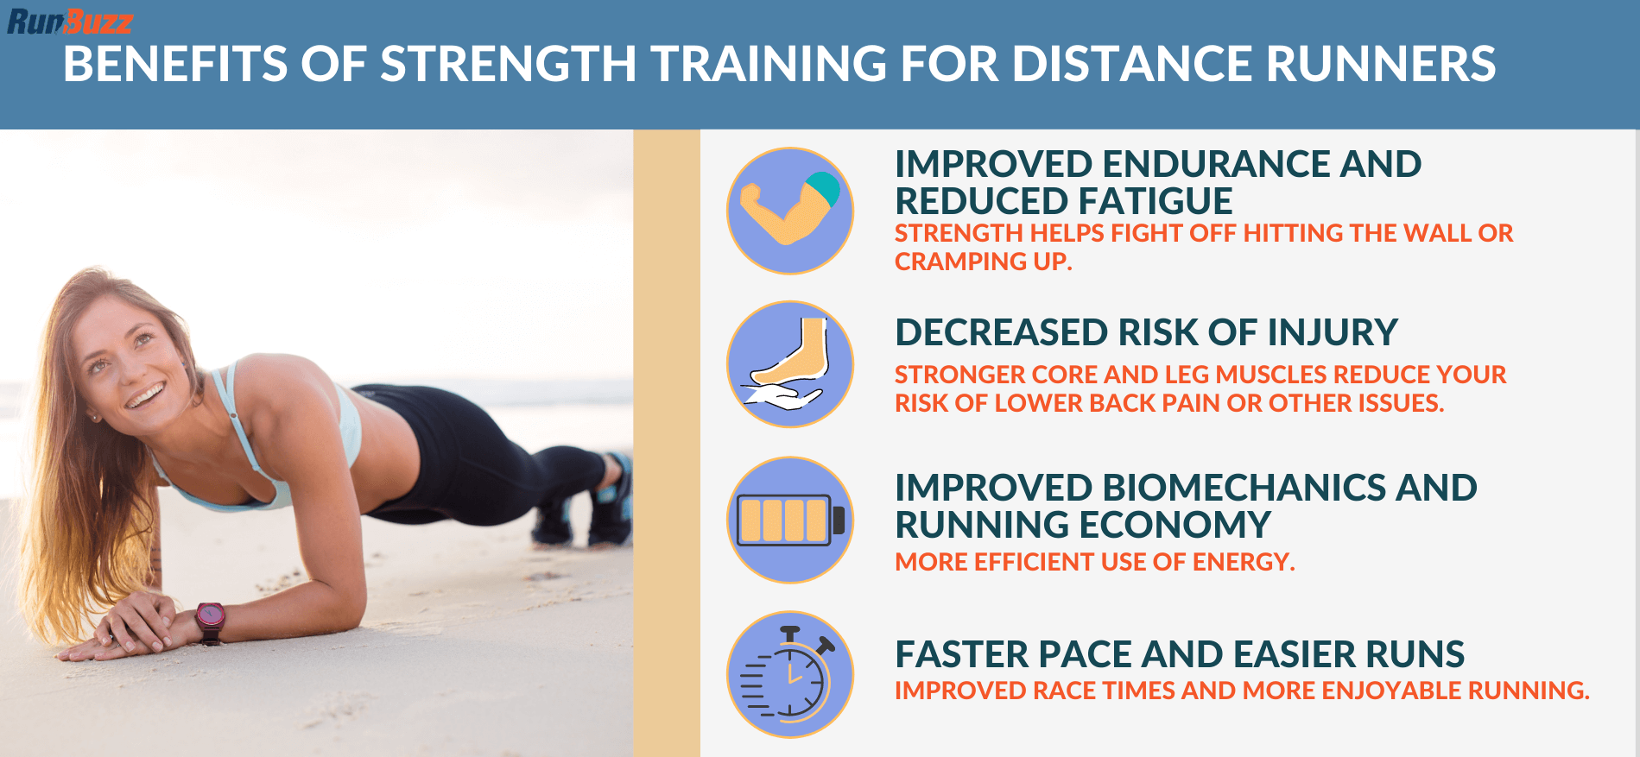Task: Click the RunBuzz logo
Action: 70,21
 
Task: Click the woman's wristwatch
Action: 211,620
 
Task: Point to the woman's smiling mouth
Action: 144,396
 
